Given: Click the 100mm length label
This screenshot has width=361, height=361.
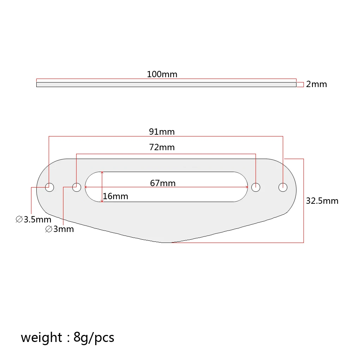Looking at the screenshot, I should tap(162, 74).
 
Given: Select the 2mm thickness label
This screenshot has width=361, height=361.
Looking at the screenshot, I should tap(316, 84).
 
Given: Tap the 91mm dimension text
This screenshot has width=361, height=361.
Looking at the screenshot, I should tap(162, 132).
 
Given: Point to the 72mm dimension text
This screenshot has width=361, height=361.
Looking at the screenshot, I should tap(162, 147).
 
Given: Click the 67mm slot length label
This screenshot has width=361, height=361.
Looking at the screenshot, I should tap(163, 183).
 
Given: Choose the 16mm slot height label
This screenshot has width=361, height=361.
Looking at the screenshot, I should tap(115, 196).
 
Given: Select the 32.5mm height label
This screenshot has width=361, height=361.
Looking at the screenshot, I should tap(322, 201).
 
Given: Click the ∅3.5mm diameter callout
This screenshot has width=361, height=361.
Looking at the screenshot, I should tap(33, 220).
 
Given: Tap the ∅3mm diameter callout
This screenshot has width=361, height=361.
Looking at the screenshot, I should tap(60, 229).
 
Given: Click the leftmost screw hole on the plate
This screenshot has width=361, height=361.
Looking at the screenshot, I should tap(50, 187).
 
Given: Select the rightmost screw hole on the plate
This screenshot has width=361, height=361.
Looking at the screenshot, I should tap(283, 187).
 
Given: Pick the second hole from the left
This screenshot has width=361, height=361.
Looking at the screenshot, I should tap(77, 187).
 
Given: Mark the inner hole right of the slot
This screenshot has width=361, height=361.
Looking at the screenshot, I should tap(256, 187).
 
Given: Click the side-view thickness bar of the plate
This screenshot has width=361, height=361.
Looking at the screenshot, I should tap(166, 85).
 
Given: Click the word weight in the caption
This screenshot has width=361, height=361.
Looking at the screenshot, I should tap(41, 337).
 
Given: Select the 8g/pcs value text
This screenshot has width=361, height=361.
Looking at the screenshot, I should tap(94, 337).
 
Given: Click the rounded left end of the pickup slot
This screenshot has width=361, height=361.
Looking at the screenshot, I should tap(90, 187).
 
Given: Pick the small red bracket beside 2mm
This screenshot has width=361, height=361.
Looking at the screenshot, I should tap(300, 85).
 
